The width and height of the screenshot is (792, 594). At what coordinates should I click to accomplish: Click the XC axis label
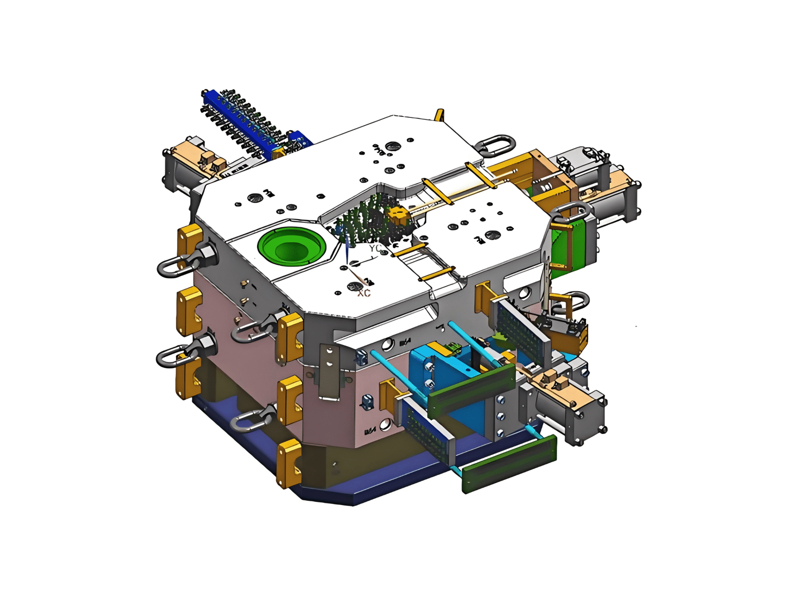point(364,293)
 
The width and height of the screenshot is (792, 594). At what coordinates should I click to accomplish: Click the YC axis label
point(375,248)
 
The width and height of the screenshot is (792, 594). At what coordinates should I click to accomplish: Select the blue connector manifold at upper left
point(252,124)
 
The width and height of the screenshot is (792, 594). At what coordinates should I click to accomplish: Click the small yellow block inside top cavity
point(397,215)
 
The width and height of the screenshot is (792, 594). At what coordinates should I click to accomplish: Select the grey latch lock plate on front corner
point(329,372)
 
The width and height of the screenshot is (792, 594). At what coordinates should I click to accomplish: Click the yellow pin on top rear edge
point(439,115)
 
